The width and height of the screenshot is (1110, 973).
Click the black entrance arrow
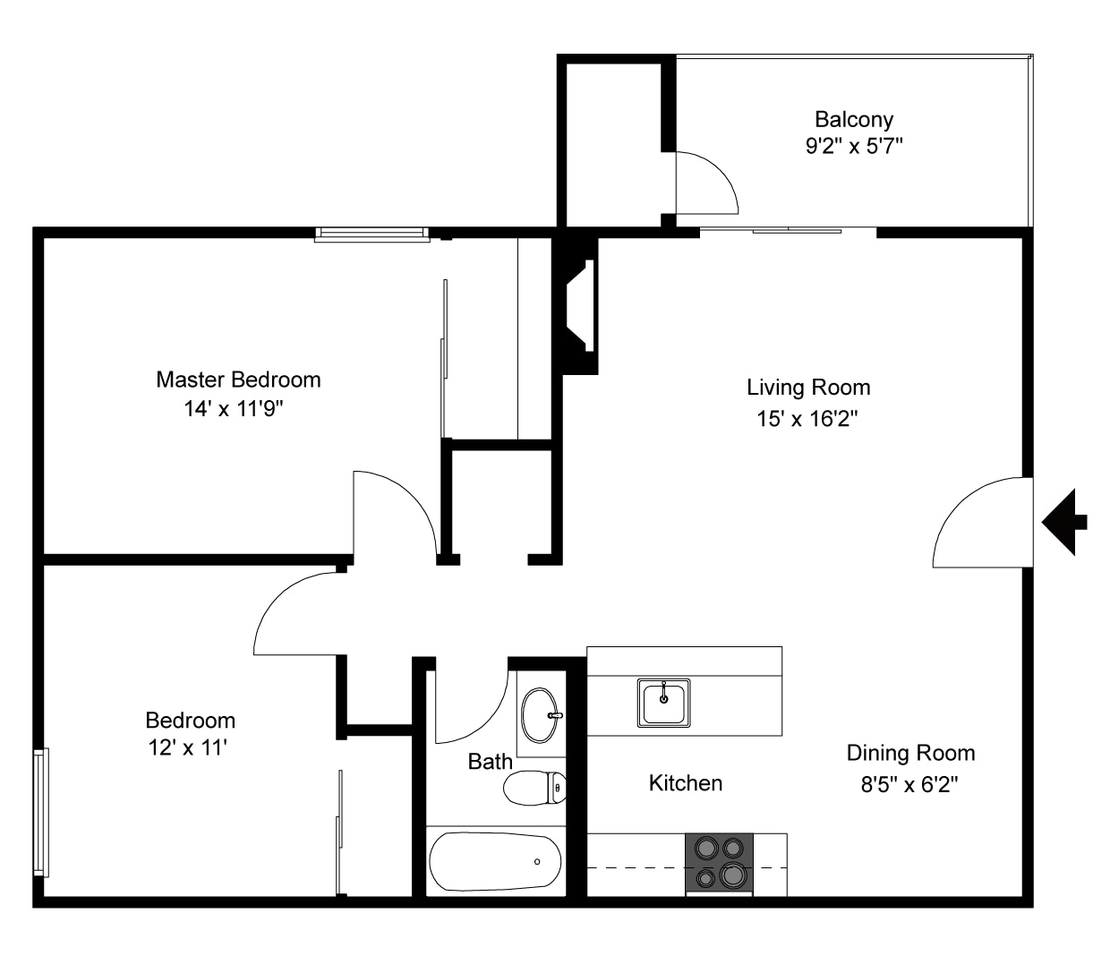[x=1064, y=522]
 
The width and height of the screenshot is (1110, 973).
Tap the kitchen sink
[x=663, y=703]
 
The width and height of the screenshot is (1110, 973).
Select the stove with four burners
[x=719, y=864]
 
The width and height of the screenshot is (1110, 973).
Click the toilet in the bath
[x=534, y=788]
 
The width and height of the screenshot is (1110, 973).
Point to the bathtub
[x=495, y=862]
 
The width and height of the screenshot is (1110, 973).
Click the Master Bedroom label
[x=238, y=380]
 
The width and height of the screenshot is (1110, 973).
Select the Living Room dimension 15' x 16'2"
[x=807, y=418]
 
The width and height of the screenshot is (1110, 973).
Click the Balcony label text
[x=853, y=119]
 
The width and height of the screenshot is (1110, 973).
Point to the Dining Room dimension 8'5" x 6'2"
[x=909, y=785]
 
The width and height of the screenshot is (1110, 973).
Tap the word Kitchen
[x=685, y=783]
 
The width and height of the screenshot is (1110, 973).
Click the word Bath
[x=491, y=762]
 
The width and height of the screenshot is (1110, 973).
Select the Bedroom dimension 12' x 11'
[x=189, y=747]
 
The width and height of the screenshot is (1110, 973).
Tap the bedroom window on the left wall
[x=40, y=812]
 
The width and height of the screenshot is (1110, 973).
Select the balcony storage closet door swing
[x=705, y=184]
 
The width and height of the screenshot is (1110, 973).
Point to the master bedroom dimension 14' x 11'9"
[x=238, y=409]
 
